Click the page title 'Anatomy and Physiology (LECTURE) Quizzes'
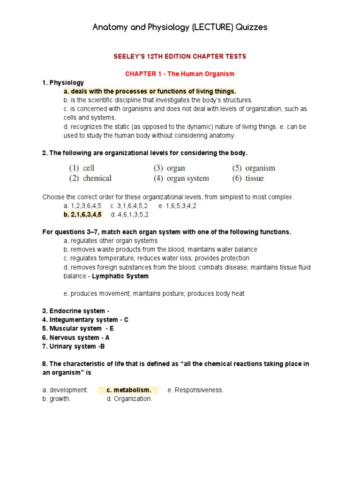pyautogui.click(x=180, y=27)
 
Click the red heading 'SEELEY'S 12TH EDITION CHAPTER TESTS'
pyautogui.click(x=180, y=56)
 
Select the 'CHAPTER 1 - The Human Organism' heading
pyautogui.click(x=180, y=74)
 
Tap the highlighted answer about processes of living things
pyautogui.click(x=150, y=91)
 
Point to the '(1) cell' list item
pyautogui.click(x=82, y=168)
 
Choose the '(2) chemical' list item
pyautogui.click(x=90, y=178)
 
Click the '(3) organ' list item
pyautogui.click(x=169, y=168)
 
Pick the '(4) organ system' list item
pyautogui.click(x=181, y=178)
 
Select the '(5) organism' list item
pyautogui.click(x=254, y=168)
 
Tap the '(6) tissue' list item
pyautogui.click(x=248, y=178)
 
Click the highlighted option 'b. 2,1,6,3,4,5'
pyautogui.click(x=82, y=215)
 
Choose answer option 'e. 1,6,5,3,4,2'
pyautogui.click(x=177, y=206)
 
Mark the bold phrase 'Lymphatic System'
pyautogui.click(x=120, y=276)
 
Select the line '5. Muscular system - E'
pyautogui.click(x=78, y=329)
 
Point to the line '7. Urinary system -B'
pyautogui.click(x=73, y=346)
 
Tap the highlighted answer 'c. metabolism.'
pyautogui.click(x=128, y=390)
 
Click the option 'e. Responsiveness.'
pyautogui.click(x=195, y=390)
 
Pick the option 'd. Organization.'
pyautogui.click(x=129, y=399)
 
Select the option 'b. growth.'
pyautogui.click(x=57, y=399)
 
